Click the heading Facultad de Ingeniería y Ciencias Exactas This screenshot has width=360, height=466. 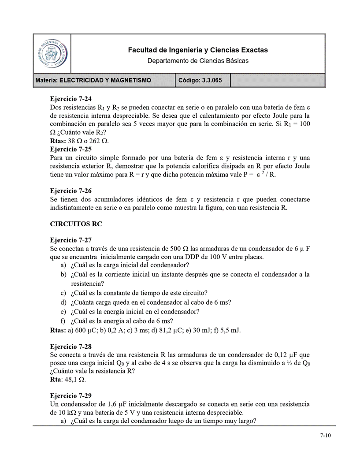pos(197,50)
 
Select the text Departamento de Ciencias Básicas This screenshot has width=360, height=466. pos(197,60)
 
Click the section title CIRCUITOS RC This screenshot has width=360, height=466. pos(76,224)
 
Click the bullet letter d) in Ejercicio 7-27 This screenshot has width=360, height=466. pos(63,302)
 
